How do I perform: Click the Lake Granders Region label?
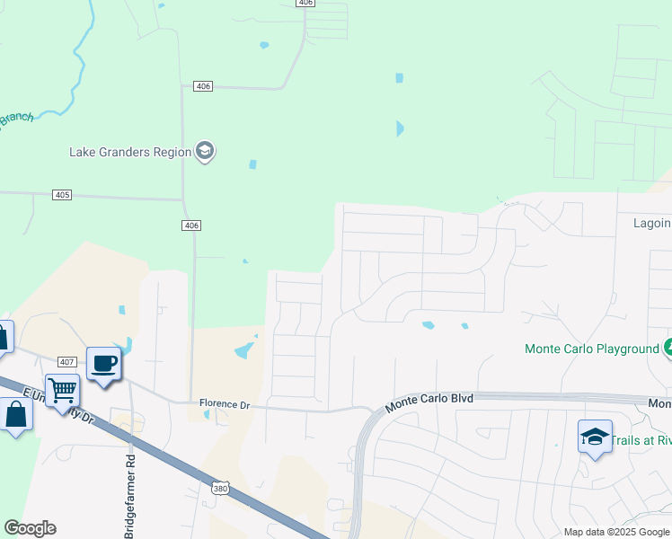point(130,152)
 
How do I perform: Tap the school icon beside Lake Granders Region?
point(205,151)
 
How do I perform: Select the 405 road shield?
point(62,195)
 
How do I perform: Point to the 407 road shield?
point(67,361)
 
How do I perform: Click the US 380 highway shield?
point(221,488)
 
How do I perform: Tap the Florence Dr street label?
point(224,404)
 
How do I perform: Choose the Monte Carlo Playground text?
point(592,349)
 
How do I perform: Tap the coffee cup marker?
point(103,364)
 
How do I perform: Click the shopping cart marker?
point(63,391)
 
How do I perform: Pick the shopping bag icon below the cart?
point(16,415)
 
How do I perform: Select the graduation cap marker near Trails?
point(595,437)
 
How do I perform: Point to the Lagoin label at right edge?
point(651,223)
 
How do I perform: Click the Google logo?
point(30,528)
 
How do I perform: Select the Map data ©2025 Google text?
point(616,532)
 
